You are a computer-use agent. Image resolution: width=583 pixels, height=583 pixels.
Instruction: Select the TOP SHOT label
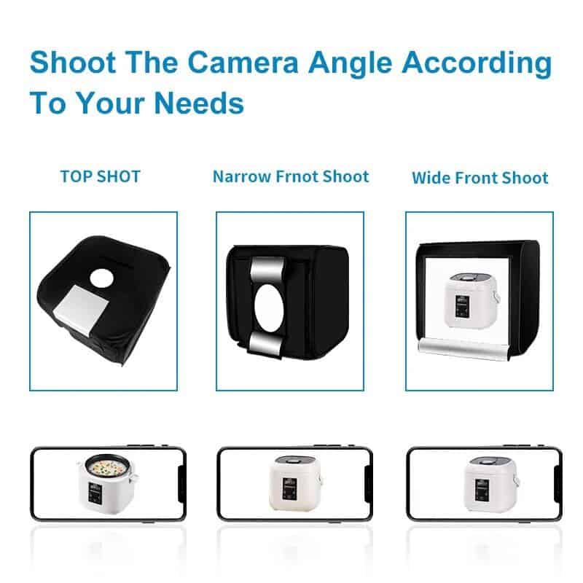(101, 176)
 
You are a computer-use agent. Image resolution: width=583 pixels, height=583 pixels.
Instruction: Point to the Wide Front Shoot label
(480, 178)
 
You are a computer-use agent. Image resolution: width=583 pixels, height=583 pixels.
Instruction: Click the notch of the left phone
(180, 484)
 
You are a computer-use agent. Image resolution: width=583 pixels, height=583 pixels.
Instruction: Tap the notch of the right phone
(557, 484)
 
